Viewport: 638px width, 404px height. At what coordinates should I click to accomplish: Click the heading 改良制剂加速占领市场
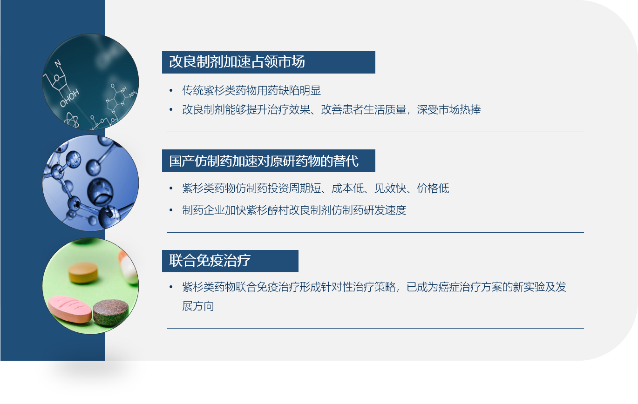click(237, 62)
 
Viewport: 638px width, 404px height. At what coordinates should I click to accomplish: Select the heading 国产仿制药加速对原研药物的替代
click(264, 161)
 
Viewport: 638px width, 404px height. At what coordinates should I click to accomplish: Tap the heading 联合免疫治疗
click(210, 261)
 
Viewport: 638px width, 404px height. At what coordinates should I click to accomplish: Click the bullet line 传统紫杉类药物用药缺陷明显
click(251, 91)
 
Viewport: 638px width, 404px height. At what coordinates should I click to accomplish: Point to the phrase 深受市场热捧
click(449, 110)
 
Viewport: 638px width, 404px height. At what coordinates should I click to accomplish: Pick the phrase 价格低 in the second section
click(433, 189)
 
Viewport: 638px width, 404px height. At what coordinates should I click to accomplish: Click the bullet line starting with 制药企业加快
click(294, 210)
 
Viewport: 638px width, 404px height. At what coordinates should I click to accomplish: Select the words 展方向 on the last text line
click(198, 306)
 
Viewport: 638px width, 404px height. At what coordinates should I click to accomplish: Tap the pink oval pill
click(69, 309)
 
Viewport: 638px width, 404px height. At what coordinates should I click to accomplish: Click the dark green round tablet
click(111, 312)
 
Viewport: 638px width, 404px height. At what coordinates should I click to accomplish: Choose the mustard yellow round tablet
click(83, 273)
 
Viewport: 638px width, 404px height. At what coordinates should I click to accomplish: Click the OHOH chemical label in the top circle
click(69, 98)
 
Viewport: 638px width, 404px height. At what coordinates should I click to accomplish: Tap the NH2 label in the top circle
click(133, 94)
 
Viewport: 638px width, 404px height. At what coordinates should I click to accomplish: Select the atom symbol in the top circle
click(72, 120)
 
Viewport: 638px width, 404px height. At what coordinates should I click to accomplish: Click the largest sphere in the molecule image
click(100, 191)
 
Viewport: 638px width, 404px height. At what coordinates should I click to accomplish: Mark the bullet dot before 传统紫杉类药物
click(171, 91)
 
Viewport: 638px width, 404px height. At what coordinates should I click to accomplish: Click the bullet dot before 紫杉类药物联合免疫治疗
click(171, 287)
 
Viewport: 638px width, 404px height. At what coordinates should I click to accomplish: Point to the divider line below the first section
click(375, 132)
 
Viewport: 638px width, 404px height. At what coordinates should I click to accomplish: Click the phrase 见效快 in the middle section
click(390, 189)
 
